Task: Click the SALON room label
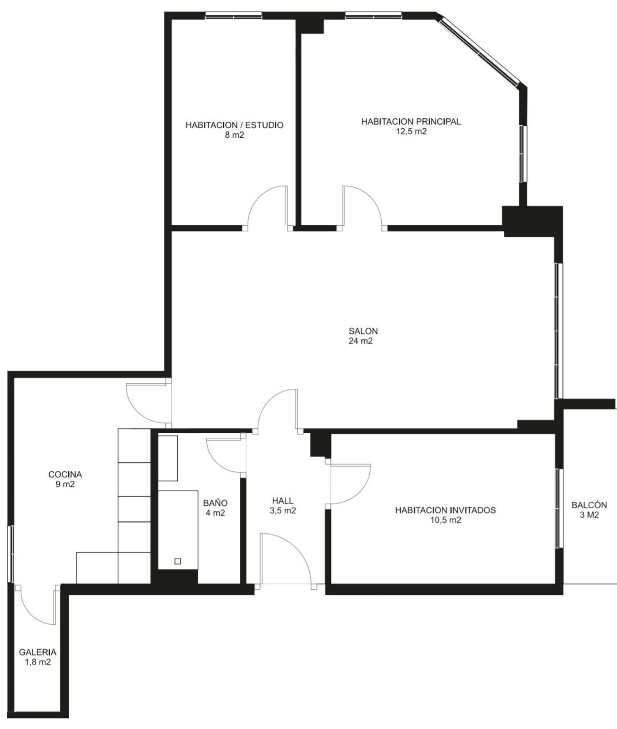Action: pos(363,331)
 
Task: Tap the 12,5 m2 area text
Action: pos(411,131)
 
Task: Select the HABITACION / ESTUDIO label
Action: pos(234,125)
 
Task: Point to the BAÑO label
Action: pos(215,503)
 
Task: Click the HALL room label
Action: pos(283,501)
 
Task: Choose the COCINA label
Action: pos(65,474)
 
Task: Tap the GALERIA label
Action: pos(38,652)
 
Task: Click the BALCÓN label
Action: pos(589,505)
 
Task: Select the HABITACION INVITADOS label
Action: pos(445,510)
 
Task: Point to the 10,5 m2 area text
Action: pos(445,520)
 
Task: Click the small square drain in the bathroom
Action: pos(178,561)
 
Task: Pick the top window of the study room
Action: pos(234,16)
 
